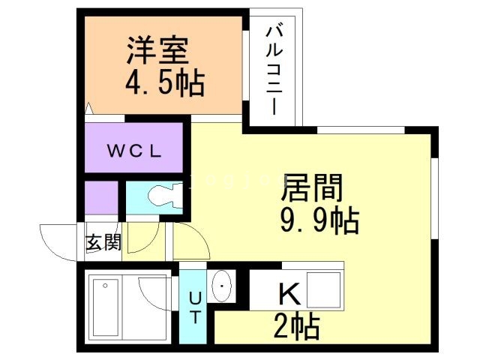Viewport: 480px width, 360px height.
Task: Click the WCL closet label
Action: coord(133,150)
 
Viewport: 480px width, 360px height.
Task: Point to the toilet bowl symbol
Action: coord(161,197)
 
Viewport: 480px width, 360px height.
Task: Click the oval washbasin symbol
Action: coord(223,287)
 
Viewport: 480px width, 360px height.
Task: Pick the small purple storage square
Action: coord(100,199)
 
